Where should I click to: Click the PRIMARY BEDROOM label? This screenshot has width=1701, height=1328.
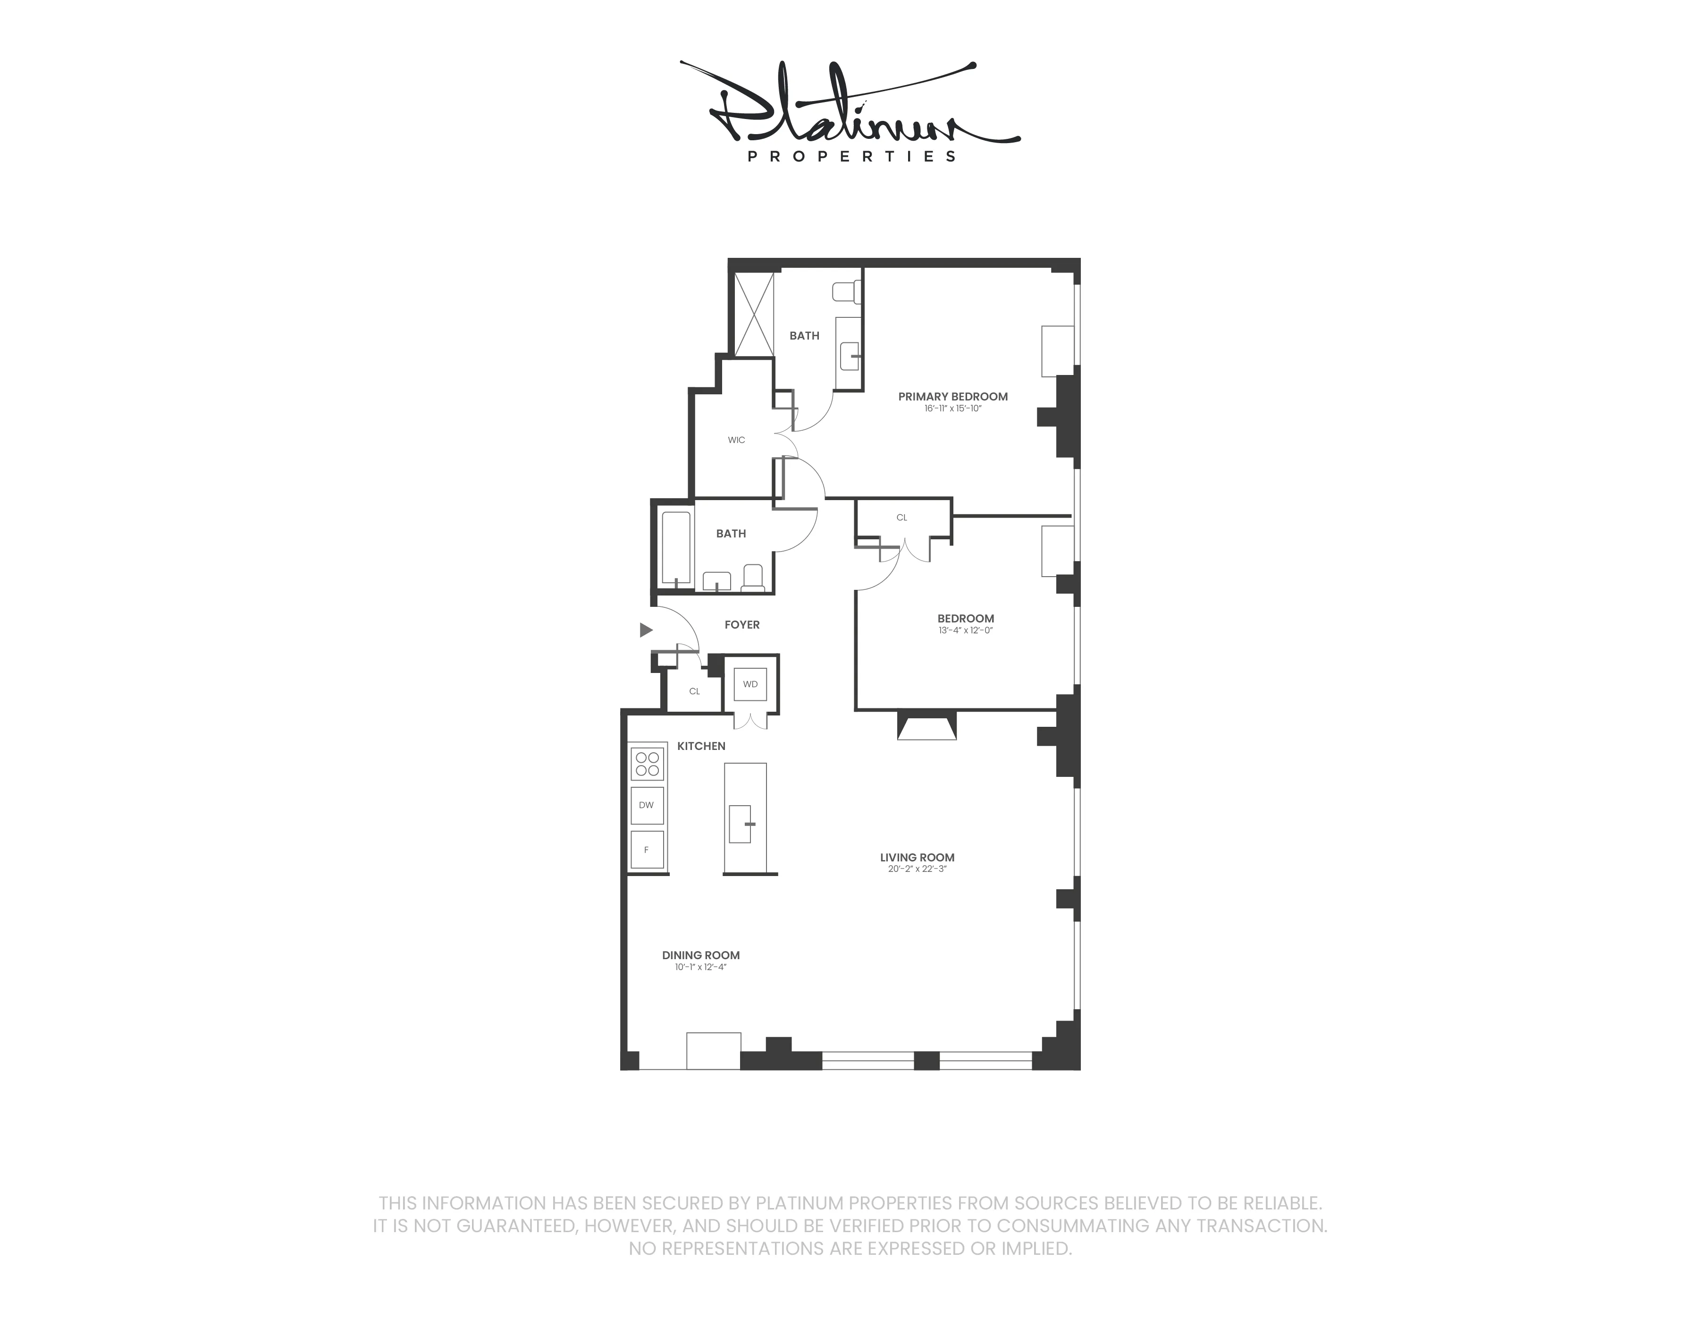coord(952,397)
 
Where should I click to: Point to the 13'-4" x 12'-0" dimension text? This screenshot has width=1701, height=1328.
coord(966,630)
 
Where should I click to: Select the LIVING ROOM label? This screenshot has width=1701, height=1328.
coord(917,857)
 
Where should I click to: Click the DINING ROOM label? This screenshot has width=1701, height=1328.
coord(700,955)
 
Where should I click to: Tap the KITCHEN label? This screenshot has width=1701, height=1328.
coord(701,746)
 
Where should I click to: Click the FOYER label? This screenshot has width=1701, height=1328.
coord(741,624)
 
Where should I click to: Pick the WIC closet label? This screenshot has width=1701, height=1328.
coord(736,440)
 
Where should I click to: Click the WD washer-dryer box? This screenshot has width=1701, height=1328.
coord(750,684)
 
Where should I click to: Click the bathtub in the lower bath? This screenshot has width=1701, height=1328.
coord(676,548)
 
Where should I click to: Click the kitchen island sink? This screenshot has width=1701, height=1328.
coord(741,824)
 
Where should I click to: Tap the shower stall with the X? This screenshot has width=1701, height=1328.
coord(754,314)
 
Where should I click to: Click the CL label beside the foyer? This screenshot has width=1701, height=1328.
coord(694,691)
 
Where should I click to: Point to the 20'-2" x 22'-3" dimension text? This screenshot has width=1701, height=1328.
coord(917,869)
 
